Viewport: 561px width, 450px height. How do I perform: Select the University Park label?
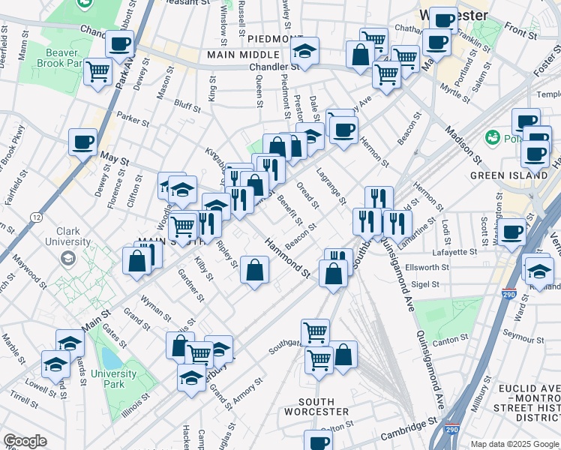tap(114, 379)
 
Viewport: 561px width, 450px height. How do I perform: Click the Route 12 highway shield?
tap(36, 217)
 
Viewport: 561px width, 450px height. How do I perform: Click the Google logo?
tap(25, 441)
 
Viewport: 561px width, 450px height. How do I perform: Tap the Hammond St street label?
tap(286, 257)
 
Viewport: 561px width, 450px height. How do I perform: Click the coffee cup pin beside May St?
tap(83, 141)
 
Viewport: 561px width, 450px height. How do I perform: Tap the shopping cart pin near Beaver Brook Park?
tap(97, 72)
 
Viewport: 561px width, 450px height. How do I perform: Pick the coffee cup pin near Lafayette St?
tap(512, 231)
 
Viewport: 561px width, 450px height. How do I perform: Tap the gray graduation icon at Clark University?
tap(68, 259)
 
